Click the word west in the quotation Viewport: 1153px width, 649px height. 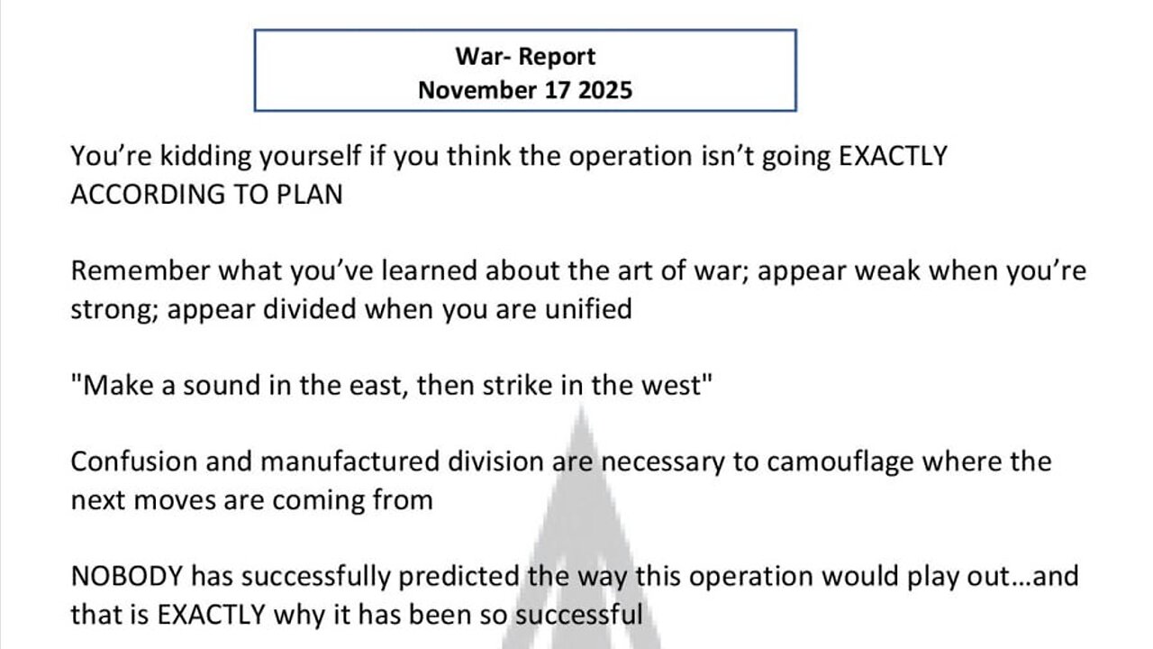pos(676,386)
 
